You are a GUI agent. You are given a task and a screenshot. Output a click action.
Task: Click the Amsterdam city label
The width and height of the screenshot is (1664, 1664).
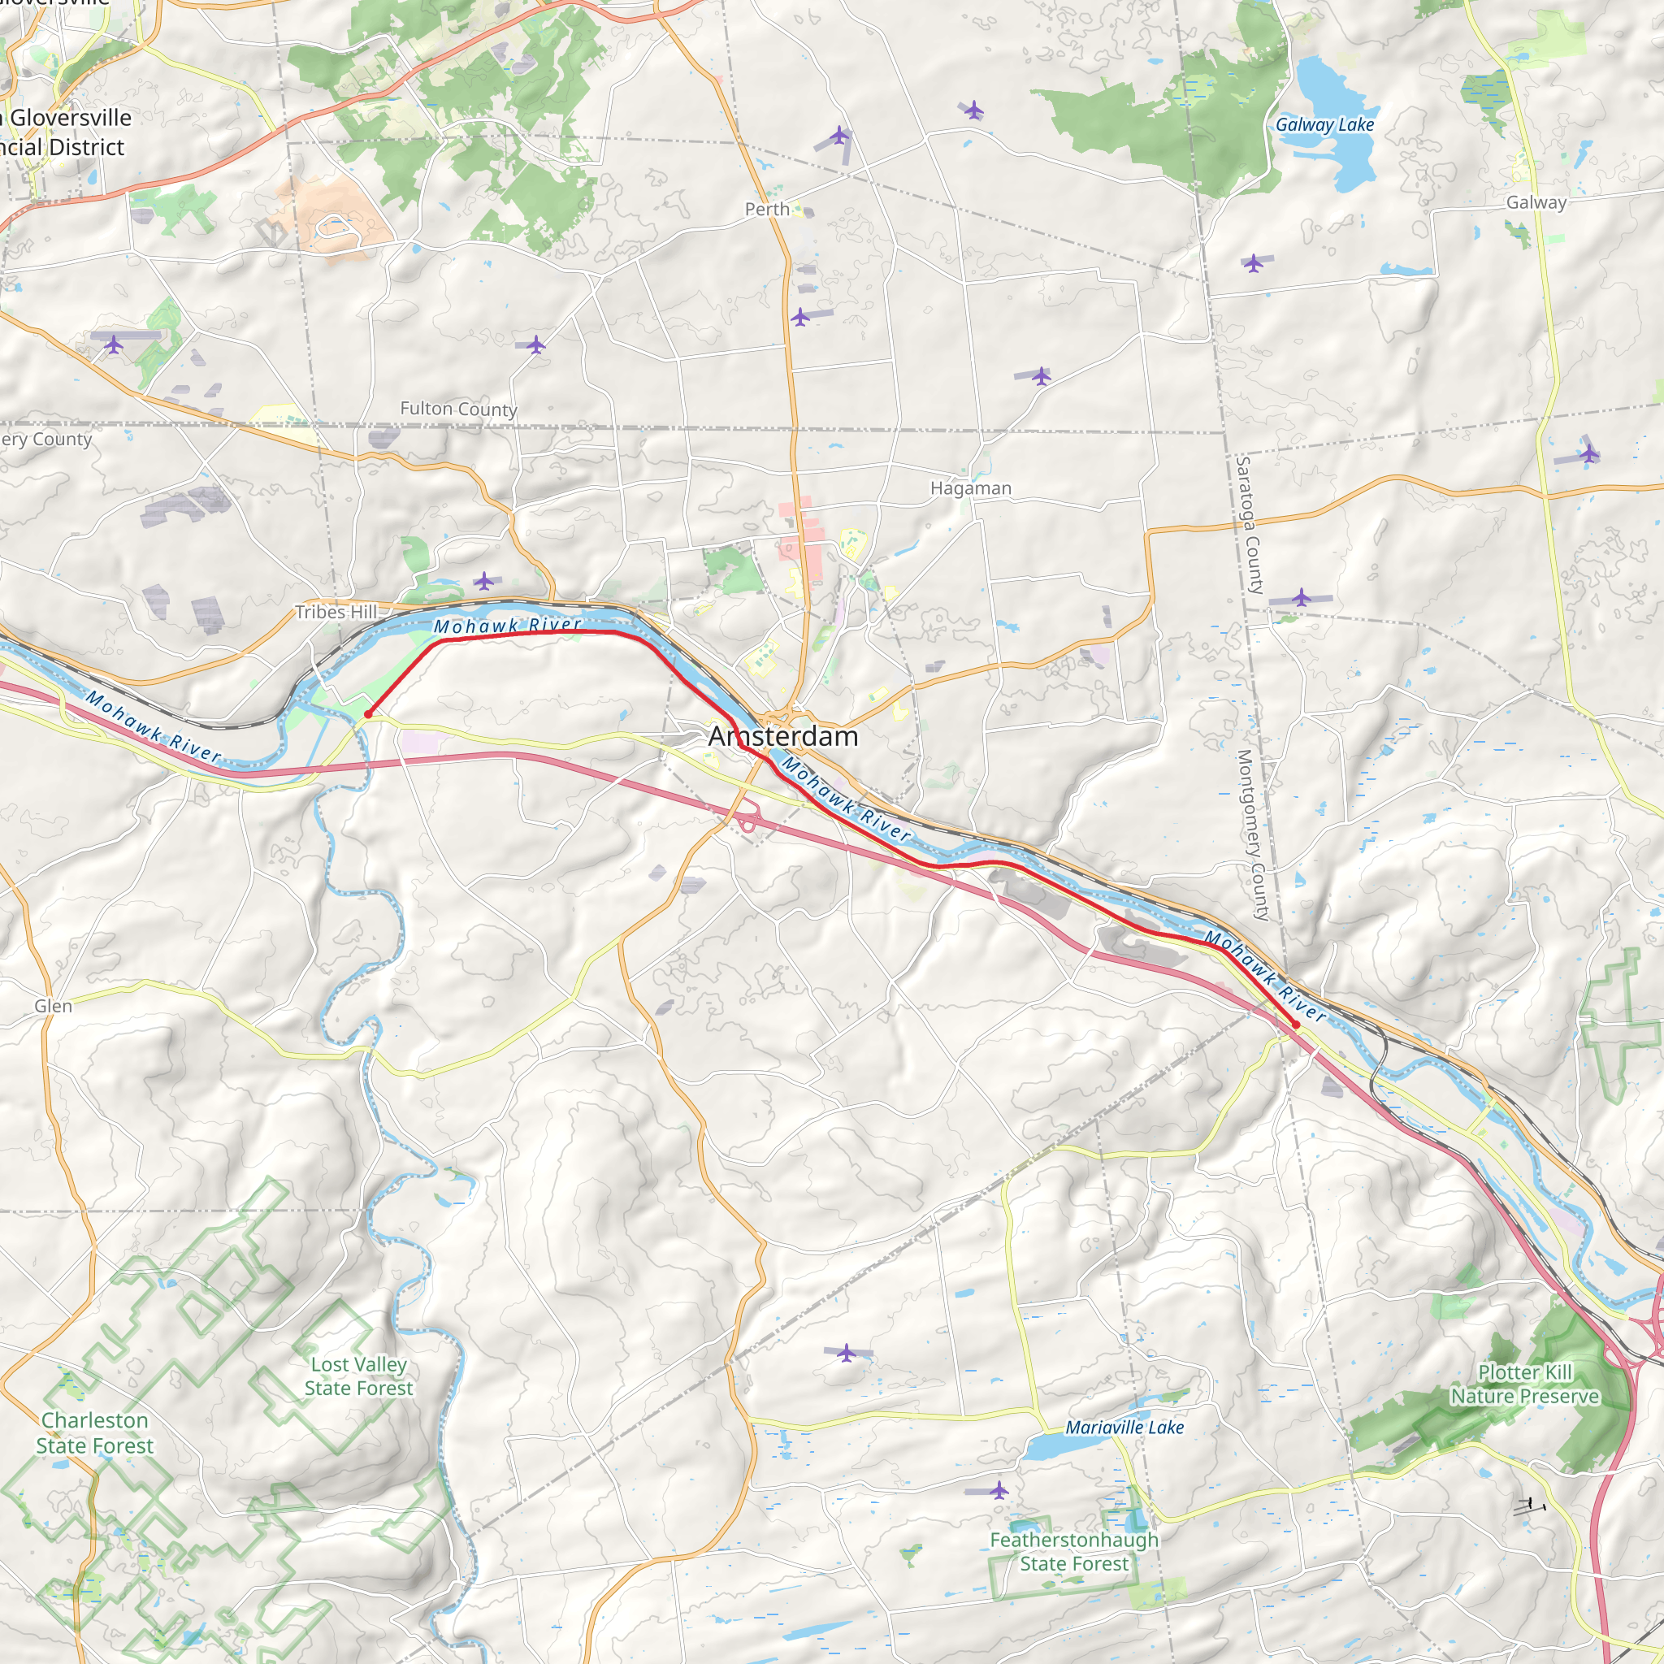pyautogui.click(x=783, y=736)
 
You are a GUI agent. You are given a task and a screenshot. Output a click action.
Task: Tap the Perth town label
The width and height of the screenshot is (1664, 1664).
pyautogui.click(x=766, y=210)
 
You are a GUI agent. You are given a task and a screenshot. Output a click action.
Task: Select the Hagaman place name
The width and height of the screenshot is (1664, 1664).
pyautogui.click(x=971, y=488)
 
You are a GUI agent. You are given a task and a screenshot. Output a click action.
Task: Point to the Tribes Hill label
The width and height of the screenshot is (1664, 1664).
pyautogui.click(x=336, y=612)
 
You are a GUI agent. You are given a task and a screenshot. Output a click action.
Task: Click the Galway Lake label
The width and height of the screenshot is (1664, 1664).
pyautogui.click(x=1324, y=125)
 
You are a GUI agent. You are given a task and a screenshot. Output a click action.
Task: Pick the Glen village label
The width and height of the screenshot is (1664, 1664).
pyautogui.click(x=54, y=1006)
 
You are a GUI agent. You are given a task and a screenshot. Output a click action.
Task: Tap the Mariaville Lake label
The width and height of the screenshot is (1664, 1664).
pyautogui.click(x=1124, y=1427)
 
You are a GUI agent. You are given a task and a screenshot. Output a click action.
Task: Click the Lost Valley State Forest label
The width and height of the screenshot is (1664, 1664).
pyautogui.click(x=358, y=1376)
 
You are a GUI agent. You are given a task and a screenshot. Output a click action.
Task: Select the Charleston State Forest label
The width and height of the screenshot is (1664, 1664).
pyautogui.click(x=95, y=1433)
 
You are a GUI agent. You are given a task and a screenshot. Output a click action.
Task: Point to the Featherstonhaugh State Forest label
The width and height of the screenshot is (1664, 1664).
pyautogui.click(x=1074, y=1551)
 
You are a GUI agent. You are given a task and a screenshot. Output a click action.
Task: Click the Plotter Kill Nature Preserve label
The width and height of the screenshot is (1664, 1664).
pyautogui.click(x=1524, y=1384)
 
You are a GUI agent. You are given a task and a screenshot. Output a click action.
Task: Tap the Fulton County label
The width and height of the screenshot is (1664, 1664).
pyautogui.click(x=458, y=409)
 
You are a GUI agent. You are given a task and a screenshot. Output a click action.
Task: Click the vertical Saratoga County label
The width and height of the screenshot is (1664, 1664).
pyautogui.click(x=1250, y=526)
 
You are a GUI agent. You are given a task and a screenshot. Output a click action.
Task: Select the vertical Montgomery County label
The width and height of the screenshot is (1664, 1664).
pyautogui.click(x=1254, y=835)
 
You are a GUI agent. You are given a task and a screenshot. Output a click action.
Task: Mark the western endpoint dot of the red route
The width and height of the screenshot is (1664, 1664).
pyautogui.click(x=368, y=714)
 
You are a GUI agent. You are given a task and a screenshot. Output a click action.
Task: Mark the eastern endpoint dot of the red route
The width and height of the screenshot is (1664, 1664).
pyautogui.click(x=1295, y=1024)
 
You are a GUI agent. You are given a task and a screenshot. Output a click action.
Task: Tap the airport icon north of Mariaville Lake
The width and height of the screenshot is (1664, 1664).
pyautogui.click(x=847, y=1353)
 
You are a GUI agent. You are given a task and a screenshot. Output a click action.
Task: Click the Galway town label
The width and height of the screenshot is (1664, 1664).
pyautogui.click(x=1536, y=202)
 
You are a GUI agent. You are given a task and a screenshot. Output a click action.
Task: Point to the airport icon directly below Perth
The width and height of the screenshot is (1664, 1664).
pyautogui.click(x=800, y=317)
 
